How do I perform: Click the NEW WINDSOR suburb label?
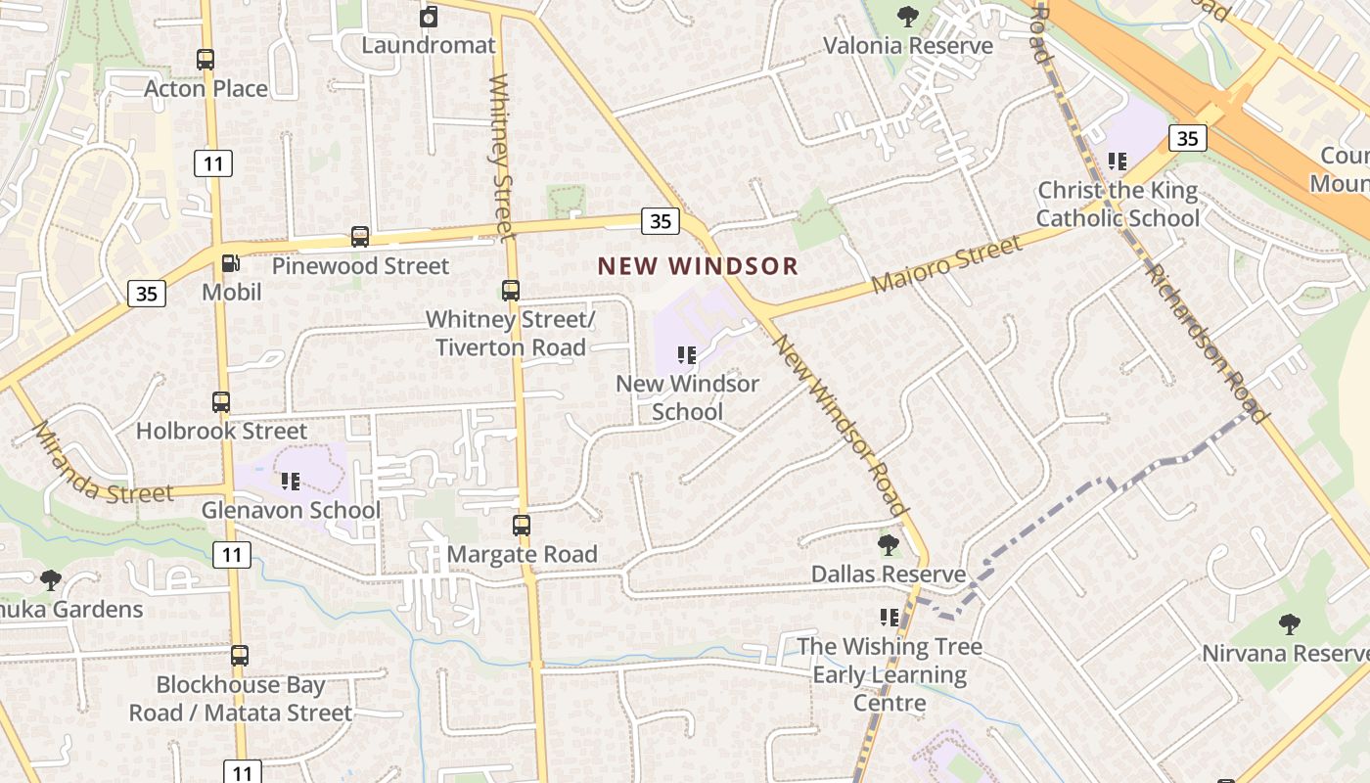(x=698, y=265)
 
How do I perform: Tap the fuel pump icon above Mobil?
(x=231, y=263)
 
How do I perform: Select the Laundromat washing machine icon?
(x=429, y=17)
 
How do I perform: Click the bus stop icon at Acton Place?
(x=205, y=60)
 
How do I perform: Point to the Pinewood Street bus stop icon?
(x=360, y=237)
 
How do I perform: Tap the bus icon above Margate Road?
(x=522, y=526)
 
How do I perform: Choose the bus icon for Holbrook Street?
(x=221, y=402)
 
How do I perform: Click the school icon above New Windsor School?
(x=687, y=355)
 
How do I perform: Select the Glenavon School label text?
(x=291, y=510)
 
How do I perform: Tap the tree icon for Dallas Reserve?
(x=889, y=545)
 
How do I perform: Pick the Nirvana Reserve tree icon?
(x=1290, y=624)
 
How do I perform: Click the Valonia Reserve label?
(x=907, y=46)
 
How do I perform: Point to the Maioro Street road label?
(x=946, y=264)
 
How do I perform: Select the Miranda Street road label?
(x=102, y=468)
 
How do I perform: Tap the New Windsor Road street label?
(x=840, y=424)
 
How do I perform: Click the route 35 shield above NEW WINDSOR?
(x=661, y=221)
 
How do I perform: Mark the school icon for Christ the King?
(x=1118, y=161)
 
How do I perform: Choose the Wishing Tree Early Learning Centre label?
(x=889, y=674)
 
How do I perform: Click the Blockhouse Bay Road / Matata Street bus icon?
(x=240, y=656)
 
